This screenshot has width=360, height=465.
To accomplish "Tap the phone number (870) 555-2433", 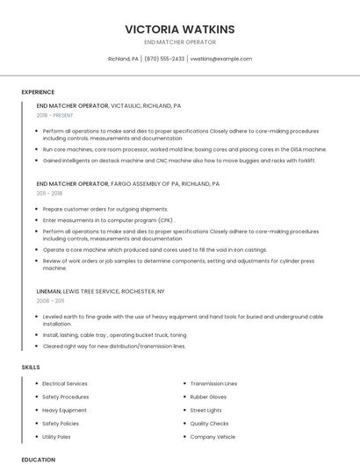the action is [x=164, y=59].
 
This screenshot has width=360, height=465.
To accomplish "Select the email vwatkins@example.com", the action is [x=220, y=59].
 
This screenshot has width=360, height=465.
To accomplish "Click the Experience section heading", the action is [x=38, y=91].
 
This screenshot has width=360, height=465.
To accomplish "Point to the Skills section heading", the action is [x=31, y=367].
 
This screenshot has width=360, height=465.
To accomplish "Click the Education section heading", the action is [x=39, y=459].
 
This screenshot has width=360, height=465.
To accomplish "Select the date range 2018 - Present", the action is [x=55, y=115].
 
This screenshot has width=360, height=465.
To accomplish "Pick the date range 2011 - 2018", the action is [x=49, y=193].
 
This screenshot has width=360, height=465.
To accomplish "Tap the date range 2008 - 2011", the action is [x=50, y=300].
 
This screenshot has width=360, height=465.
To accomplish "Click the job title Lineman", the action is [x=48, y=290].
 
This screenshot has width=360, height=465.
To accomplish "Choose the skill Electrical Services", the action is [x=64, y=383].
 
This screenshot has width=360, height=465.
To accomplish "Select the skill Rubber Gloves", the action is [x=208, y=397].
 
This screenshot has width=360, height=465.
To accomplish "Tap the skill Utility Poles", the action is [x=56, y=436].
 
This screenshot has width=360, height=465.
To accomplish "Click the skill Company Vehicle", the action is [x=212, y=436].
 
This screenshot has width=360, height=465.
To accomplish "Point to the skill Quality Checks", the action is [x=209, y=423].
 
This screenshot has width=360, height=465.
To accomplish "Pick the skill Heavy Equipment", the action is [x=64, y=410].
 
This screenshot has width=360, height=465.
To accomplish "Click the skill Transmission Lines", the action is [x=213, y=383].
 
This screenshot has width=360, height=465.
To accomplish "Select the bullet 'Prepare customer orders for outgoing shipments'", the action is [x=104, y=209].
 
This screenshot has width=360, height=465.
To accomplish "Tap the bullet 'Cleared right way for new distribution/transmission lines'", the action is [x=114, y=346].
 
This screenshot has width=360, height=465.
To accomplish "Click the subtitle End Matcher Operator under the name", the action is [x=179, y=41].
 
